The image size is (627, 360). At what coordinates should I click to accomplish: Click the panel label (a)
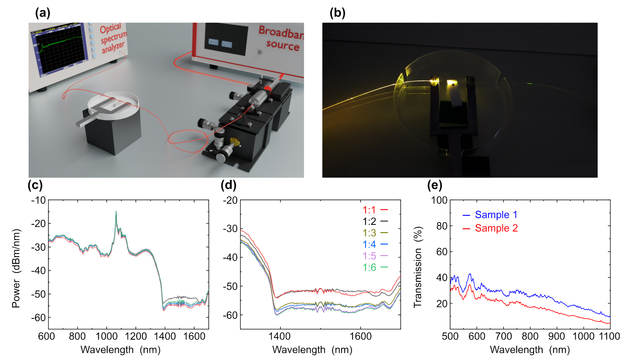[x=42, y=13]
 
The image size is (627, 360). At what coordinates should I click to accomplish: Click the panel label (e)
[x=434, y=185]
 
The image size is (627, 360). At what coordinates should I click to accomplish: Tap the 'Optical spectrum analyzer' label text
[x=112, y=38]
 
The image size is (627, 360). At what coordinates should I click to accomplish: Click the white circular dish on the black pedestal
[x=114, y=104]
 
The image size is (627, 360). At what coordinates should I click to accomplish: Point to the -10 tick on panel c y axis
[x=38, y=200]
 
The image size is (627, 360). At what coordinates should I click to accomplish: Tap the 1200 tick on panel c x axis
[x=135, y=336]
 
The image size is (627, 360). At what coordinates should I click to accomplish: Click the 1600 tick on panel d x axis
[x=360, y=336]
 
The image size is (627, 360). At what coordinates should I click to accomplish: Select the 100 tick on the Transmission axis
[x=439, y=200]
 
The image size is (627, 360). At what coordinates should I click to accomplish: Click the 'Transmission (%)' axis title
[x=418, y=267]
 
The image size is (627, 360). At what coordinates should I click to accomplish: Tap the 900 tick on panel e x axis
[x=556, y=336]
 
